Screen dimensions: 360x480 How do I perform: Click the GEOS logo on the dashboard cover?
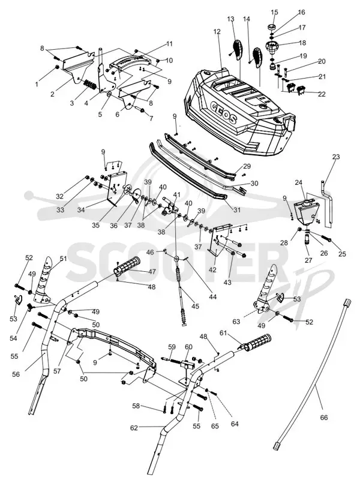tap(224, 112)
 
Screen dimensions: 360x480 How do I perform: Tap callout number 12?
tap(217, 32)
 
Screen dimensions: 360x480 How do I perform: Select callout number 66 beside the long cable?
tap(324, 418)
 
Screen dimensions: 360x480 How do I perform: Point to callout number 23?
tap(336, 157)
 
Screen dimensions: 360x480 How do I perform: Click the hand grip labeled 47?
tap(127, 266)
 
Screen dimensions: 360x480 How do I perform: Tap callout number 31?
tap(237, 211)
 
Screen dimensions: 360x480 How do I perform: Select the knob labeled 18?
tap(272, 47)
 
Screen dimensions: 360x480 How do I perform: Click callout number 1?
tap(37, 83)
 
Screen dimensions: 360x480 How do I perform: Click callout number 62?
tap(134, 428)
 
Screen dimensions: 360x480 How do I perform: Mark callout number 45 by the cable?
tap(196, 306)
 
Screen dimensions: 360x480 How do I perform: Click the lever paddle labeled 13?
tap(238, 50)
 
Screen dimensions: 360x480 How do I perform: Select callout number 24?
tap(298, 183)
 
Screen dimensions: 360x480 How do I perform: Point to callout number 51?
tap(63, 259)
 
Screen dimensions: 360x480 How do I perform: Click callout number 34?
tap(82, 209)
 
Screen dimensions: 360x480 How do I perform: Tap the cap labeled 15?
tap(271, 28)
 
